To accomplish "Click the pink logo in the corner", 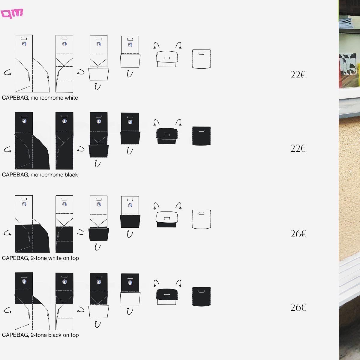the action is [12, 13].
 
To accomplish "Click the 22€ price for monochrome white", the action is [298, 75].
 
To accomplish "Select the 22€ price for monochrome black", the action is [298, 148].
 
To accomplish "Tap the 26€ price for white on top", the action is [298, 234].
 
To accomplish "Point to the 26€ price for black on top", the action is [298, 307].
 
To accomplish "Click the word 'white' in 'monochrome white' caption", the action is [71, 98].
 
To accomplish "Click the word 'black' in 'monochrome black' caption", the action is [71, 175].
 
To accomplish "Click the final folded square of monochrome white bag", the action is [201, 59].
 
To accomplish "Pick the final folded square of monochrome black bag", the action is [201, 136].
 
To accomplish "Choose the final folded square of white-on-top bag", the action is [201, 219].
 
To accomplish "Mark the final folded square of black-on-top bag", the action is [201, 296].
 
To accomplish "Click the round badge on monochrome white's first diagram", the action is [24, 44].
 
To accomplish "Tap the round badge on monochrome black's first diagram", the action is [24, 121].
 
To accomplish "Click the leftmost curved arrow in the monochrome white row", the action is [8, 73].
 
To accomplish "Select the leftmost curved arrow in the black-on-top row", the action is [8, 310].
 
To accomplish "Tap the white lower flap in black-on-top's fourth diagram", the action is [130, 298].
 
